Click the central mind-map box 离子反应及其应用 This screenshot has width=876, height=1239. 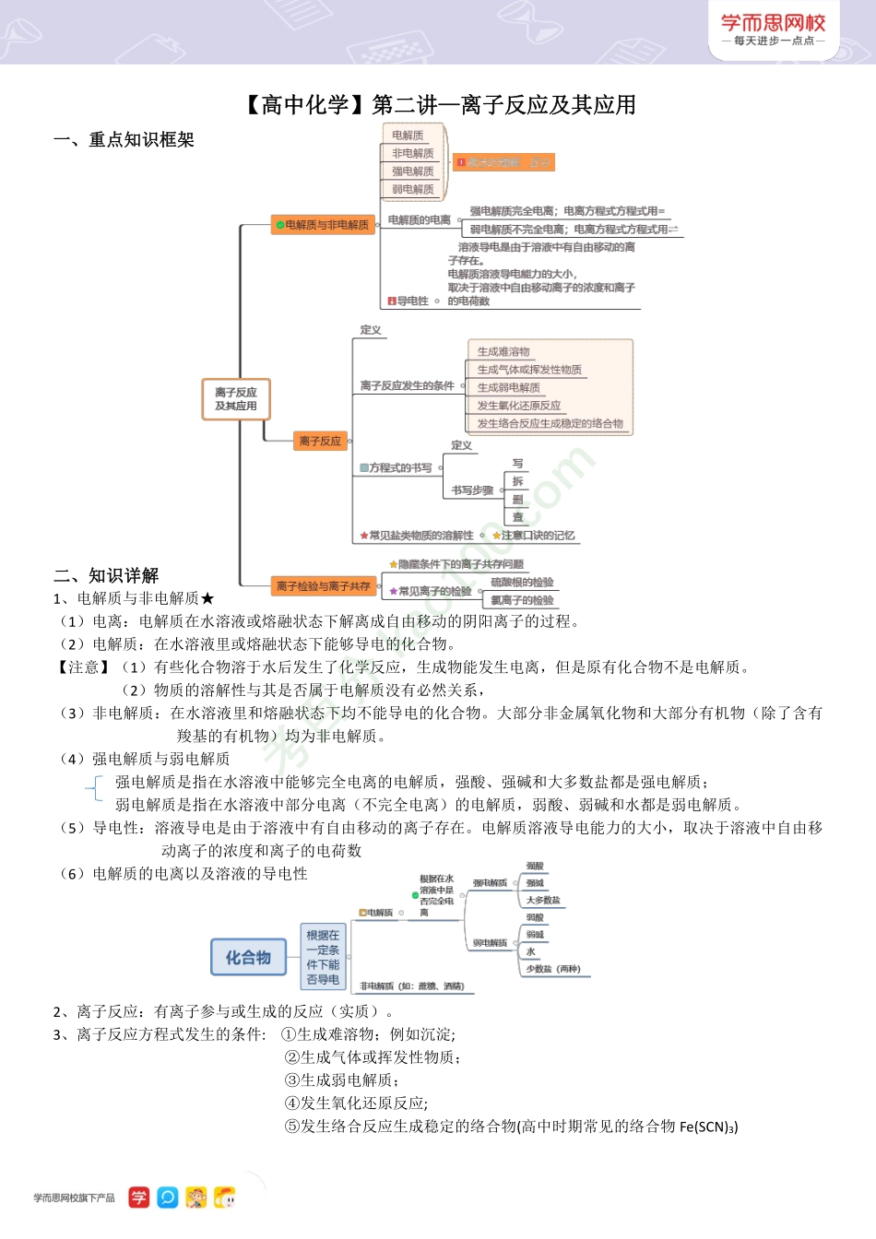point(236,399)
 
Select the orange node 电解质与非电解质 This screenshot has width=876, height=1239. point(323,225)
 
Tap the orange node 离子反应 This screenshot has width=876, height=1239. point(320,442)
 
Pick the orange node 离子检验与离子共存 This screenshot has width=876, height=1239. point(323,585)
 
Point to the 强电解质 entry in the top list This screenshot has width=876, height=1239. point(412,171)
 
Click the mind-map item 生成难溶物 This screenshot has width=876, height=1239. point(503,352)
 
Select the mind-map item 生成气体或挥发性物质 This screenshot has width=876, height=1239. point(529,370)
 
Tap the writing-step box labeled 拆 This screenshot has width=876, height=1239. point(517,481)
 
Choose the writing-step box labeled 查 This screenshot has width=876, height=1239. point(517,517)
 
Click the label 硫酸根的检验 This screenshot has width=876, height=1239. point(522,583)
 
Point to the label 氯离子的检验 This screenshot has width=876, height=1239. point(522,600)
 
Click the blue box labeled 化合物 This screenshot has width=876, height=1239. point(248,958)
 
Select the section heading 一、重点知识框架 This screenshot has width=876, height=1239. point(124,140)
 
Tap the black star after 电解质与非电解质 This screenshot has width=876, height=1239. point(207,599)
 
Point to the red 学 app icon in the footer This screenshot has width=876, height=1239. point(138,1198)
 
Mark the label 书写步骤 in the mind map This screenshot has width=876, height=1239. point(472,490)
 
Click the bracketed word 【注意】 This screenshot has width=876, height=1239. point(84,667)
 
